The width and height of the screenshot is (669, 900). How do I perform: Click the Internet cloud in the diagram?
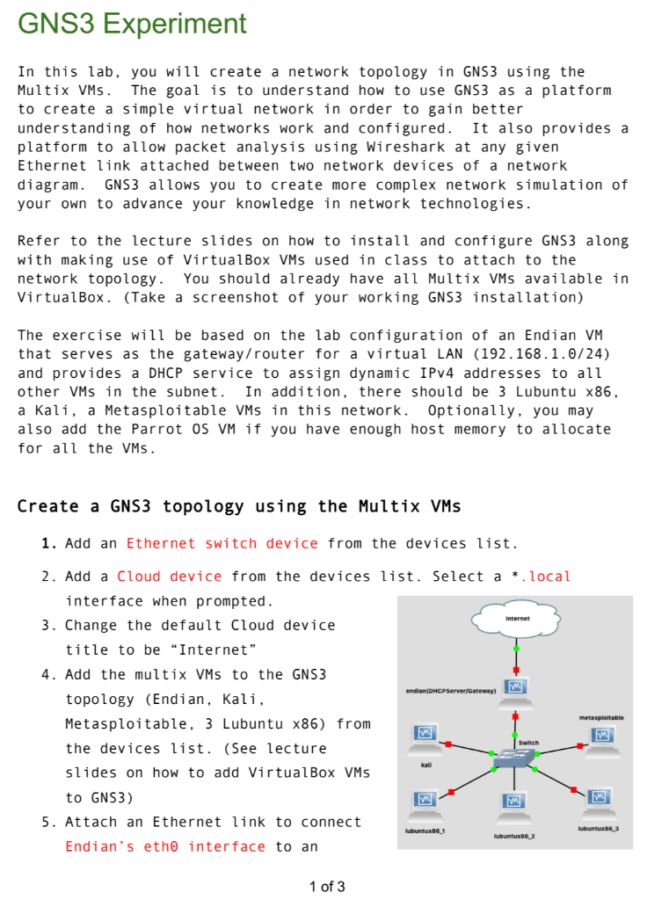(516, 620)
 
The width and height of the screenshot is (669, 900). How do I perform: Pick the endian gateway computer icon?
(515, 687)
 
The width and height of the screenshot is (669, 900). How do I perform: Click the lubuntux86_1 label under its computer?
(425, 830)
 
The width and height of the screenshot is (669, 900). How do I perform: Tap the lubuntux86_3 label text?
(600, 829)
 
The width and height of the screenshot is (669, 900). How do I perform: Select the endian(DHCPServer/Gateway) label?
(451, 692)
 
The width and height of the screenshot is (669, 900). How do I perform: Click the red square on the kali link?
(448, 744)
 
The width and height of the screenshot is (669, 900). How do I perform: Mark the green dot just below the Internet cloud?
(516, 649)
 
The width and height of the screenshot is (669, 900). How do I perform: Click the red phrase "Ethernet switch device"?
(222, 543)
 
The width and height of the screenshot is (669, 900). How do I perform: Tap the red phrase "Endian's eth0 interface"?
(164, 846)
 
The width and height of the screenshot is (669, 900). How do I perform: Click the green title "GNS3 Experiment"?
(132, 24)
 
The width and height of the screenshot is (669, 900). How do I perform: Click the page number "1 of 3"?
(327, 886)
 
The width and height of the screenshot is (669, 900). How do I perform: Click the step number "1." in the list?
(49, 543)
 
